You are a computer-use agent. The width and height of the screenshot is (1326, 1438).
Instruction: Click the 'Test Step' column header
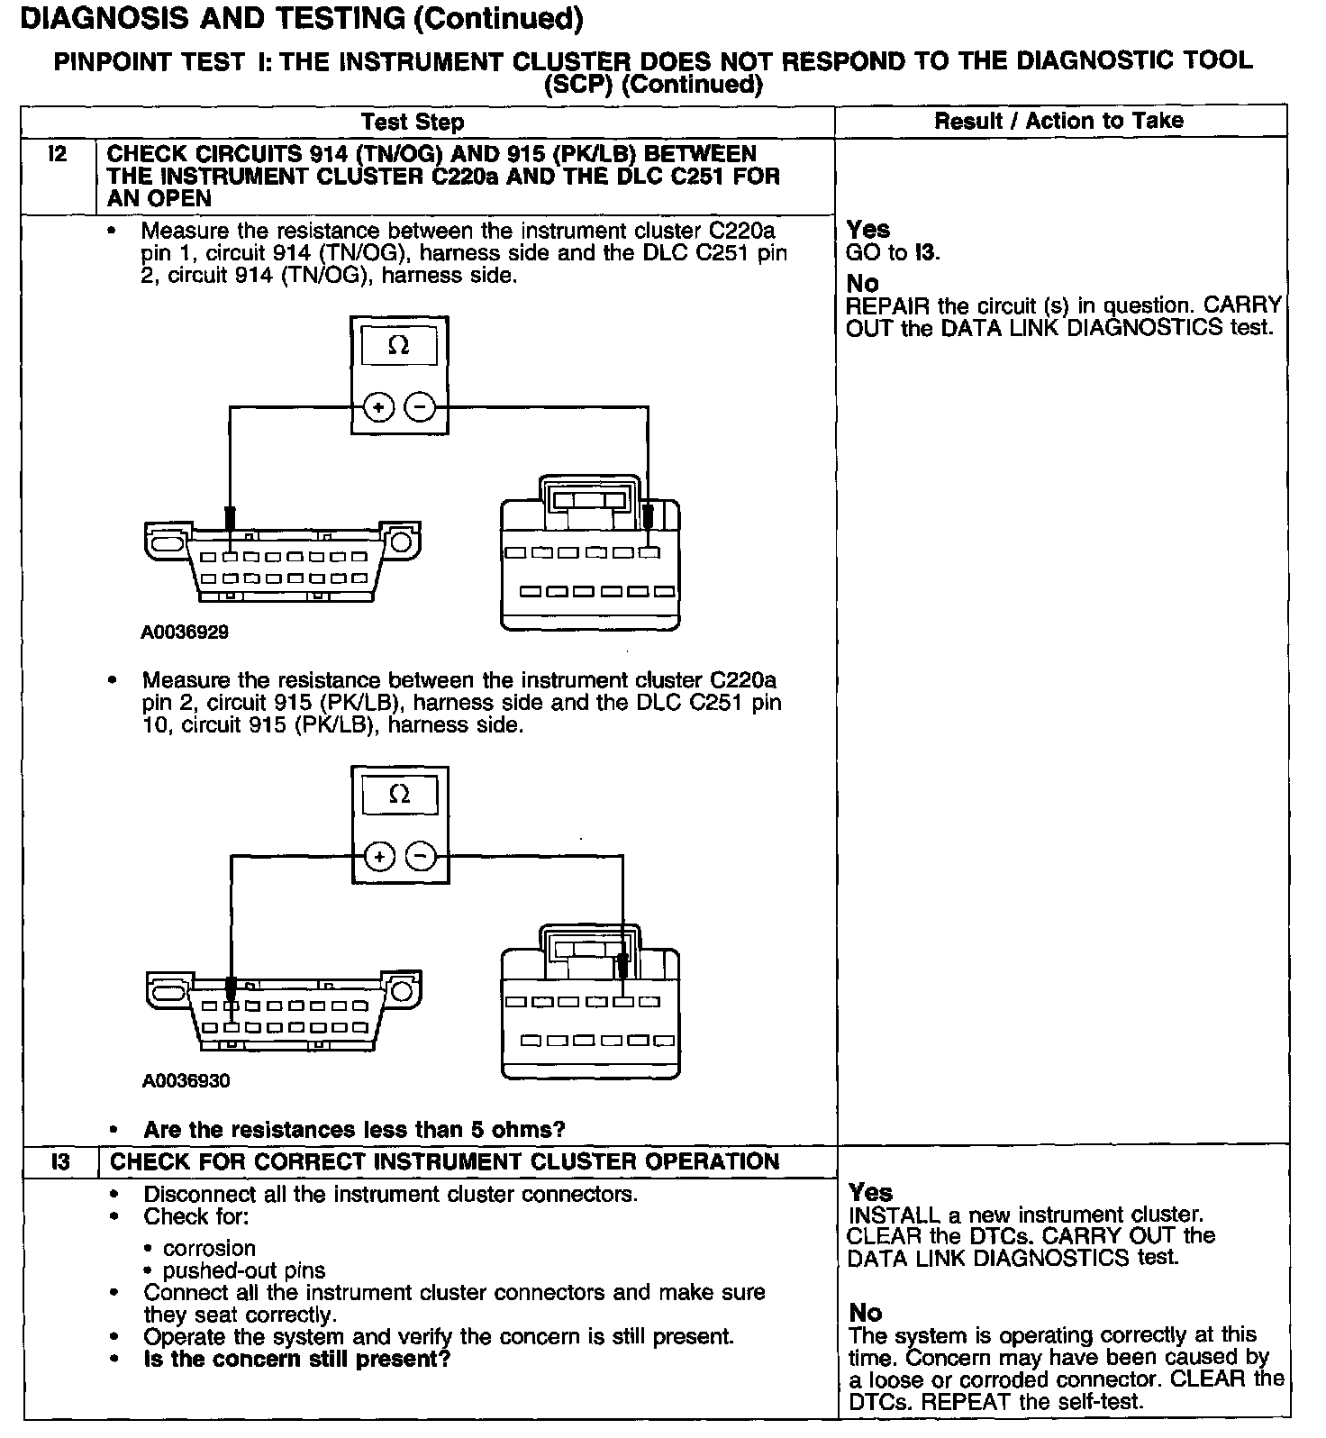(x=413, y=122)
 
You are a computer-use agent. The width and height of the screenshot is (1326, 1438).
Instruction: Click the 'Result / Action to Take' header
(x=1058, y=121)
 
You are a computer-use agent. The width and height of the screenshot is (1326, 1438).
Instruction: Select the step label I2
(x=58, y=154)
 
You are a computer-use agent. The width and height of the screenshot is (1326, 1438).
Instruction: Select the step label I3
(x=59, y=1161)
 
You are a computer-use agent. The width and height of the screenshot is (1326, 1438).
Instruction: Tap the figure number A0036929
(x=185, y=633)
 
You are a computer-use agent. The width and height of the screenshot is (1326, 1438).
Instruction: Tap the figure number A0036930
(x=186, y=1081)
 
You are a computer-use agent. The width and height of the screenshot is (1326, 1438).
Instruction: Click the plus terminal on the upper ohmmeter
(x=378, y=408)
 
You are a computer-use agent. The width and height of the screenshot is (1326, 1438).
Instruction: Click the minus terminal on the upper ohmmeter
(x=420, y=408)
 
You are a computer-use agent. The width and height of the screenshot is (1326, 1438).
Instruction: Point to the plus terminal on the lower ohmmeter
(x=380, y=856)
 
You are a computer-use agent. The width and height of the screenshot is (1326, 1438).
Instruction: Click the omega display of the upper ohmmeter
(x=399, y=346)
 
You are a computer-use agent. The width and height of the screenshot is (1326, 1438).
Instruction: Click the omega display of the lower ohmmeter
(x=400, y=795)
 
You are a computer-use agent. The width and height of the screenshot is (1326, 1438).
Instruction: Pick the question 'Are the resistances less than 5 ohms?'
(x=354, y=1130)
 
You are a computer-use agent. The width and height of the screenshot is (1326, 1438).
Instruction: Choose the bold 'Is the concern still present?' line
(x=296, y=1359)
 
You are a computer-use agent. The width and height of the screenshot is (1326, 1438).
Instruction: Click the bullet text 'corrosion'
(x=209, y=1249)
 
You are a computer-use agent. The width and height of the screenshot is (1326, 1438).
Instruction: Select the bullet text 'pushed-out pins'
(x=244, y=1271)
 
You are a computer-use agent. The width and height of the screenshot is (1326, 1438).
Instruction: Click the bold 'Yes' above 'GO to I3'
(x=868, y=230)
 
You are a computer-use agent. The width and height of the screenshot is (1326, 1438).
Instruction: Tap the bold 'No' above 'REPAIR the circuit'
(x=863, y=284)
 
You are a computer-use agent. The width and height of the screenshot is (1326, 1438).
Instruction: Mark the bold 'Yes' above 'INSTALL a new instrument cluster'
(x=870, y=1193)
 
